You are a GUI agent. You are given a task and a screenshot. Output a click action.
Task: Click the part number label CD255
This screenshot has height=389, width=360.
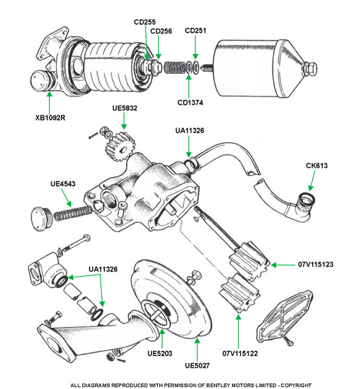coord(145,22)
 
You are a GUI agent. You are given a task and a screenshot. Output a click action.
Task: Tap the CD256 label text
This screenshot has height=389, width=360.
coord(161,31)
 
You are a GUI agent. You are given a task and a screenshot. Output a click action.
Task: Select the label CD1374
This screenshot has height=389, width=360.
coord(190,102)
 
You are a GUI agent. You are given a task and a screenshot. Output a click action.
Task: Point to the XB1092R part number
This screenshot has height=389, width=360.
coord(50,117)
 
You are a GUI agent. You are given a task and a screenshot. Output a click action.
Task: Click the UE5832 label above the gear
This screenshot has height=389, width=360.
coord(125,108)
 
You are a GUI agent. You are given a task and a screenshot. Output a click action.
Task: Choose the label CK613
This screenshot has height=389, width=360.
coord(317,166)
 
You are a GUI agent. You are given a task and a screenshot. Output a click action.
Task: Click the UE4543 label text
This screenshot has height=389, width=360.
coord(63,184)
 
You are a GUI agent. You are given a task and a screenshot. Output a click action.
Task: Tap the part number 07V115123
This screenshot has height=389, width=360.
coord(315,265)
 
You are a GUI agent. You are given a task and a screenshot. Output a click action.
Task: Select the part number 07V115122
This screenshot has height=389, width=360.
coord(240,353)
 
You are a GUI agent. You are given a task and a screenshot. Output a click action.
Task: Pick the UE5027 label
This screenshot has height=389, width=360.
coord(197,366)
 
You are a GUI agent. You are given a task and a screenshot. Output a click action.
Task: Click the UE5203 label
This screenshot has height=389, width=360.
coord(160,353)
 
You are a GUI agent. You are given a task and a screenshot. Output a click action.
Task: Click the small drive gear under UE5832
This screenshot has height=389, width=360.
coord(120,147)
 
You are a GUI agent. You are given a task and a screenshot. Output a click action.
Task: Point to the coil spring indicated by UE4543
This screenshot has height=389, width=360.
coord(73,213)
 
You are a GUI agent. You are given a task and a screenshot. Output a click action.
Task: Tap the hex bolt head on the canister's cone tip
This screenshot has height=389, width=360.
coord(310,68)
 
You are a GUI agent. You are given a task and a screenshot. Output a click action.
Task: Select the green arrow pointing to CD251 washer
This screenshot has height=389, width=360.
coord(195,47)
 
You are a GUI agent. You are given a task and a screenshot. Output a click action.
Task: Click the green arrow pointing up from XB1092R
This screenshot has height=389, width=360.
coord(50,102)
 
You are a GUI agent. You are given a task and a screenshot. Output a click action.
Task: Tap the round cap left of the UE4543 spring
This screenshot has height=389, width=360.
coord(42,219)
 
